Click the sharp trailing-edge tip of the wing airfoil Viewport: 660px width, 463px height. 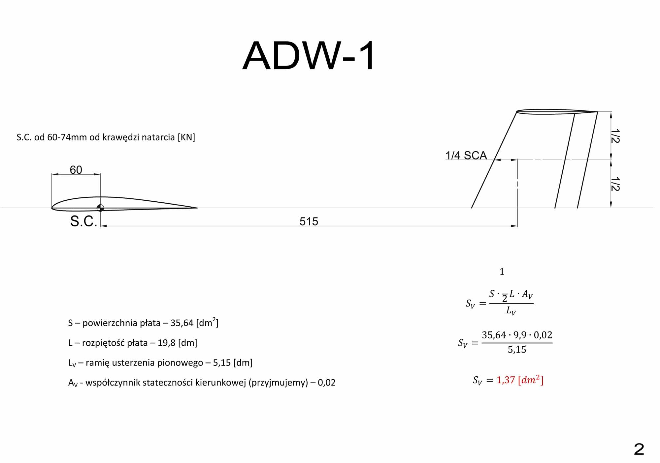197,208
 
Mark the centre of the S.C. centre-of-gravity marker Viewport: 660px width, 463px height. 100,208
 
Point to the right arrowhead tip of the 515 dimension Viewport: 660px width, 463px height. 517,226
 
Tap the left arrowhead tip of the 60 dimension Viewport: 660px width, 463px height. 52,174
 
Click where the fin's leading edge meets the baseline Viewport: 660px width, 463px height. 472,208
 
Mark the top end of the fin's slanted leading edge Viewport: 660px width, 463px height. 516,112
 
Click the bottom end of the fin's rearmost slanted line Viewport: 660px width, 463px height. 577,208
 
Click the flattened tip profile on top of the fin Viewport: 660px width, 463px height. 557,112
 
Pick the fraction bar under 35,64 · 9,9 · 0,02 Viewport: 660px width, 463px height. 517,343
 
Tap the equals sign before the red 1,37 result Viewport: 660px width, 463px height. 490,380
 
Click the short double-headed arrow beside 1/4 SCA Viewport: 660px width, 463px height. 506,160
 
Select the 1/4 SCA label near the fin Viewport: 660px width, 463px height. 466,155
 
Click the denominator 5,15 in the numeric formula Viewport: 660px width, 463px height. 517,350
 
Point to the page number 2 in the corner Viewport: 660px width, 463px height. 639,449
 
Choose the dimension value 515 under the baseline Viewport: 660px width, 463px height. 309,221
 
